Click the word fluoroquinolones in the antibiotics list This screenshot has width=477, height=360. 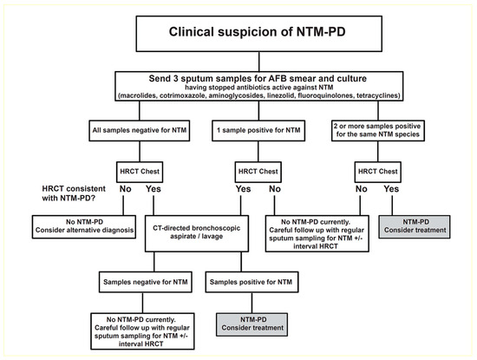[x=339, y=95]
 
